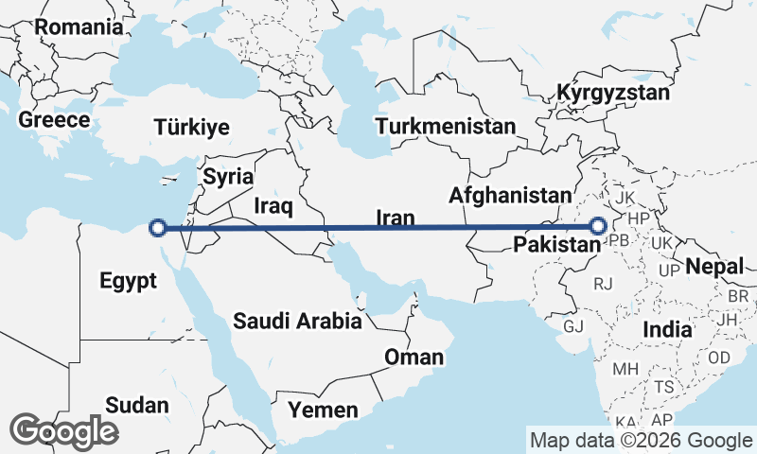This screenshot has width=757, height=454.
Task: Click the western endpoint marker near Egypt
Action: pyautogui.click(x=159, y=227)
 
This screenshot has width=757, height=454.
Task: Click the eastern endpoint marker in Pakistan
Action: pyautogui.click(x=598, y=226)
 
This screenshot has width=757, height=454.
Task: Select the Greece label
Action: pyautogui.click(x=54, y=120)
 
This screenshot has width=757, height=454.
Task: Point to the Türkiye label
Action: pyautogui.click(x=192, y=127)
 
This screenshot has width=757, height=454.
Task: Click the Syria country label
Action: pyautogui.click(x=228, y=177)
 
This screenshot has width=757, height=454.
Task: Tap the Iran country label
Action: pyautogui.click(x=396, y=218)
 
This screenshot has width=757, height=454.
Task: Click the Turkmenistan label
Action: pyautogui.click(x=445, y=127)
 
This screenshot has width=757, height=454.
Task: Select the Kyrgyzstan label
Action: pyautogui.click(x=613, y=94)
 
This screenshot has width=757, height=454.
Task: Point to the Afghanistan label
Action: pyautogui.click(x=512, y=196)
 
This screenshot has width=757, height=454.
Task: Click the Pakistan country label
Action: pyautogui.click(x=555, y=246)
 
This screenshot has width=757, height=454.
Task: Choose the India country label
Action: pyautogui.click(x=668, y=329)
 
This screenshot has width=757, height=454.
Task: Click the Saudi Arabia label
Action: pyautogui.click(x=298, y=321)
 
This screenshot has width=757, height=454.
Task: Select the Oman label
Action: pyautogui.click(x=414, y=357)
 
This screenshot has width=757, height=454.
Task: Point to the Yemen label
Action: pyautogui.click(x=324, y=410)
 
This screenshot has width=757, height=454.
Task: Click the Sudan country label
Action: pyautogui.click(x=136, y=405)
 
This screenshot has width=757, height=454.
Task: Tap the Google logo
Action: pyautogui.click(x=64, y=431)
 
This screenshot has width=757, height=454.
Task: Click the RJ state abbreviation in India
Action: pyautogui.click(x=603, y=283)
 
